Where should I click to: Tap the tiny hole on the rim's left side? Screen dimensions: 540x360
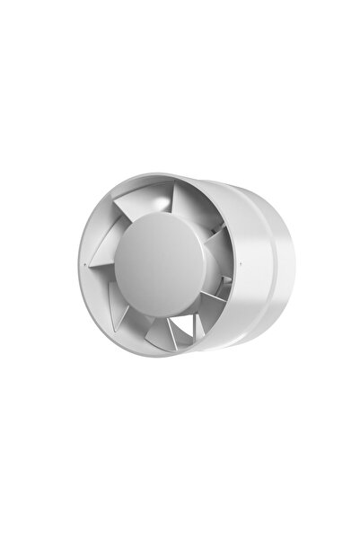coord(91,266)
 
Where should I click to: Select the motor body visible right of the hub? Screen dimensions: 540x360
coord(218,270)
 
